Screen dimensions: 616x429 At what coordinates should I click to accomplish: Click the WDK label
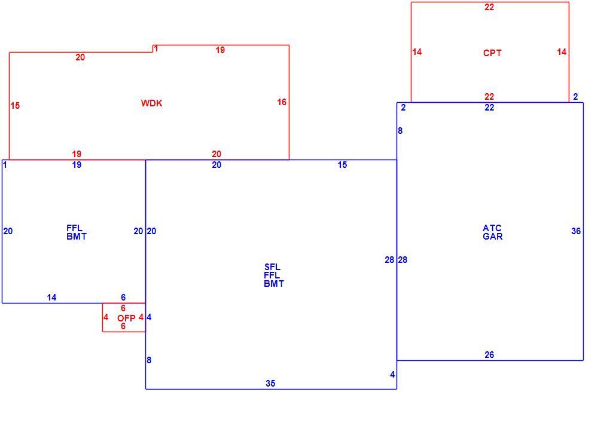[152, 103]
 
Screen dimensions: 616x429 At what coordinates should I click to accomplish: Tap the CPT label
[492, 53]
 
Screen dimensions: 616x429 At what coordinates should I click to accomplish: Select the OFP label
[126, 318]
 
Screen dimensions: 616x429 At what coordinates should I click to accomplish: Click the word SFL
[272, 267]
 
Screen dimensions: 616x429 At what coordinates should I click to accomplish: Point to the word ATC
[492, 228]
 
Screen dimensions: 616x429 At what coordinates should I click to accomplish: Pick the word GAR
[493, 236]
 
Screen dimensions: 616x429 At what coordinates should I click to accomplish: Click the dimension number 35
[270, 384]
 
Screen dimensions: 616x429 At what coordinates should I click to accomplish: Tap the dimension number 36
[576, 231]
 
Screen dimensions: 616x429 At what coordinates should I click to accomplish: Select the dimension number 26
[489, 355]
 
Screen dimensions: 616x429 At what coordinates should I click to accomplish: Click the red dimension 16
[282, 102]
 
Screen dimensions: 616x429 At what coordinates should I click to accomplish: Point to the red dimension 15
[15, 106]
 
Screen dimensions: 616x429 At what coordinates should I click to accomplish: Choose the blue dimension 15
[342, 165]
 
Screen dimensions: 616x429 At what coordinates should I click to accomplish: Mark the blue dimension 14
[51, 298]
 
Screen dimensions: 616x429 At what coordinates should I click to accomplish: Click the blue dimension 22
[489, 108]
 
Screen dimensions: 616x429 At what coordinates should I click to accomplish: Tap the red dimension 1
[156, 48]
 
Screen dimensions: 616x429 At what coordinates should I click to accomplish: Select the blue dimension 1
[5, 165]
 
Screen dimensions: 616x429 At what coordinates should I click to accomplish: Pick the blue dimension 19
[77, 165]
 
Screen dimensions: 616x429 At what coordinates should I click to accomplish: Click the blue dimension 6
[123, 298]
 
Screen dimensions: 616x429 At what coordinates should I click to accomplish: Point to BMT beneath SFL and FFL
[274, 283]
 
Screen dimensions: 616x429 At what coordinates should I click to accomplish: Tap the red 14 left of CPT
[417, 52]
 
